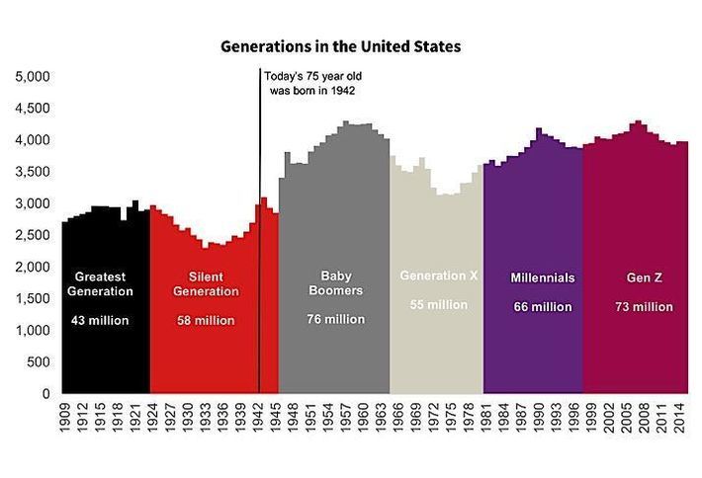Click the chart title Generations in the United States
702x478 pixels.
click(340, 45)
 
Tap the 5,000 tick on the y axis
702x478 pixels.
click(33, 76)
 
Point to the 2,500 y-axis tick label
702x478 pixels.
click(33, 235)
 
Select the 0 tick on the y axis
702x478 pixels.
click(45, 394)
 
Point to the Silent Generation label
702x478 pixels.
click(206, 283)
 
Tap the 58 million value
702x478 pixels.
click(206, 321)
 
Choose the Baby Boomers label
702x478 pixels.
click(335, 283)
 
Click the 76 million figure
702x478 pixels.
click(335, 319)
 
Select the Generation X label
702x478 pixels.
click(439, 276)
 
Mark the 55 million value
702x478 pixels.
click(439, 305)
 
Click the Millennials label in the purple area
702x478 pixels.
click(543, 278)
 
